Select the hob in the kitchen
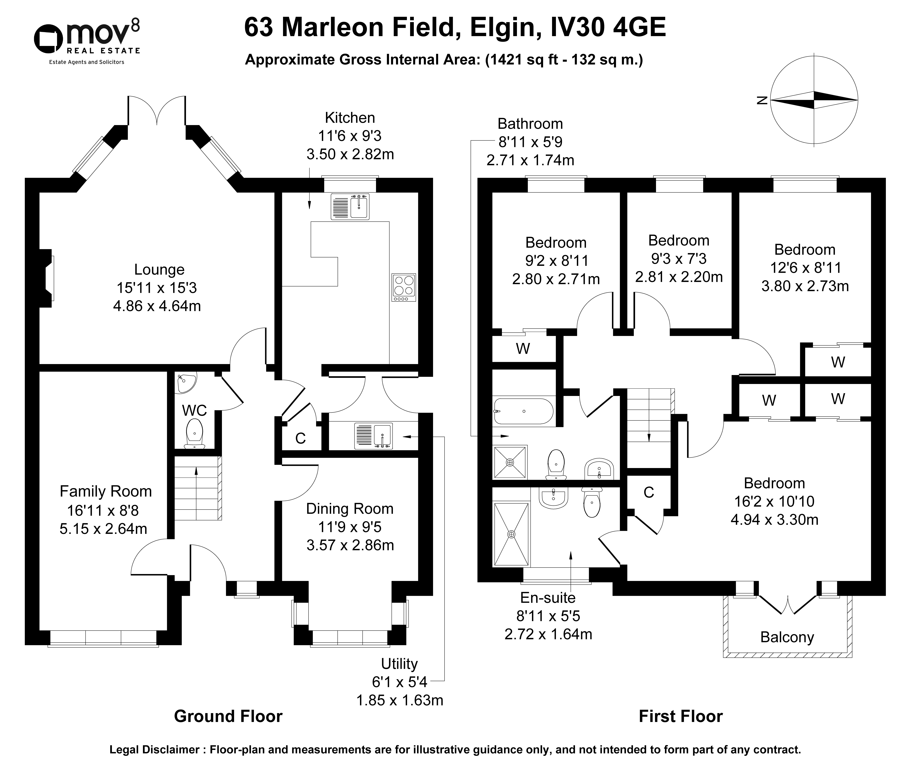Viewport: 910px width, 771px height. [x=404, y=288]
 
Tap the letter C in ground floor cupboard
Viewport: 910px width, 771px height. [x=300, y=438]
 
